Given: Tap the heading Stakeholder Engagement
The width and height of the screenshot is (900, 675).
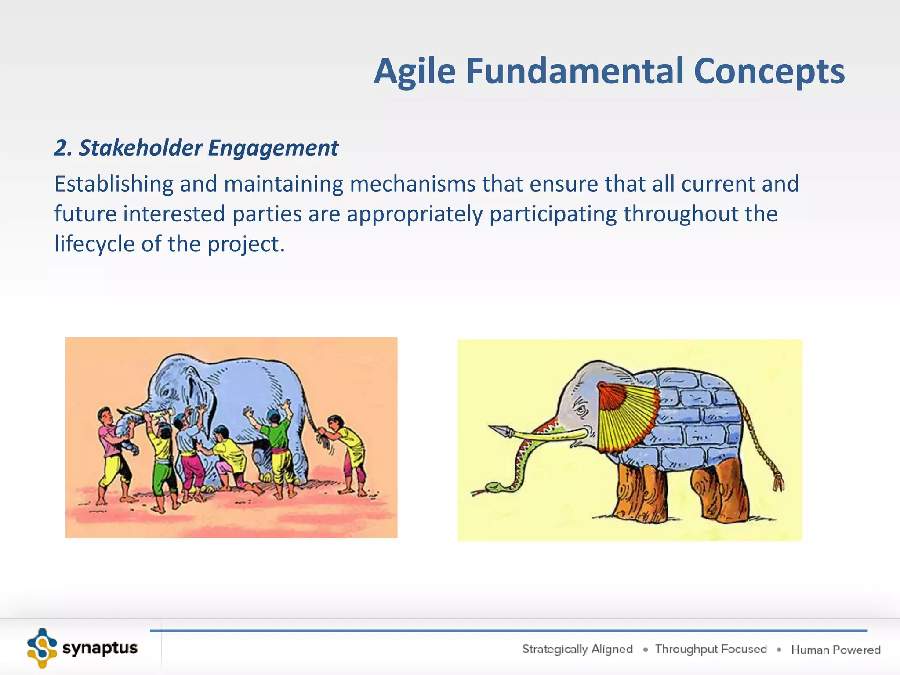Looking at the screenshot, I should pyautogui.click(x=196, y=148).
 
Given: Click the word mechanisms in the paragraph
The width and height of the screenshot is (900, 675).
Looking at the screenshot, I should pyautogui.click(x=412, y=184).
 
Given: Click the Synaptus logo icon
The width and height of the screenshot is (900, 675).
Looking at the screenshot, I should pyautogui.click(x=42, y=648).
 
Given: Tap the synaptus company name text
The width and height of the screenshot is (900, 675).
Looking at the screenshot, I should pyautogui.click(x=100, y=648).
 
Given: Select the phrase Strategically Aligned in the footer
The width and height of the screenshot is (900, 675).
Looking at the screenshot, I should pyautogui.click(x=577, y=649).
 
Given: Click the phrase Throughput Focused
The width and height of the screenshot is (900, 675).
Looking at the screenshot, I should pyautogui.click(x=711, y=649).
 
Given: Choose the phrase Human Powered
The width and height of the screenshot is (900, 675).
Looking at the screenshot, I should pyautogui.click(x=835, y=650).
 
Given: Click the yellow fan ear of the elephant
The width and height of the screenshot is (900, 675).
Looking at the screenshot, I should pyautogui.click(x=626, y=417).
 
